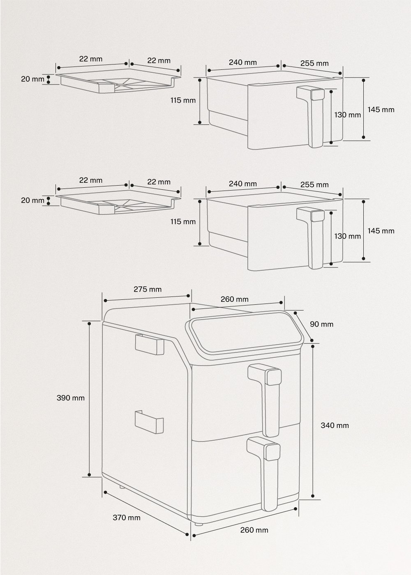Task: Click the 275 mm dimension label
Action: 148,289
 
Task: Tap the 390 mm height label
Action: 71,398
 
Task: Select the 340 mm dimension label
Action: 335,425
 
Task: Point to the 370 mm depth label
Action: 127,517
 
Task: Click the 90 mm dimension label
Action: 321,324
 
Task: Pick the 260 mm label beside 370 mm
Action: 254,530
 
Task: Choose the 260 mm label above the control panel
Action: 234,299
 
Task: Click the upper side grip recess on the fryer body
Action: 149,344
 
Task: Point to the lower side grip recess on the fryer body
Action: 149,421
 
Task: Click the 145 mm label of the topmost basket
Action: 381,110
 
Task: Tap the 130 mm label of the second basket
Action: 347,236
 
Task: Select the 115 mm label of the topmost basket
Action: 183,100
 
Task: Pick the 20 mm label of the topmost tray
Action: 32,79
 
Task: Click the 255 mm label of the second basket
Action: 314,184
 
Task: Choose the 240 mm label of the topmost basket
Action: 242,63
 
